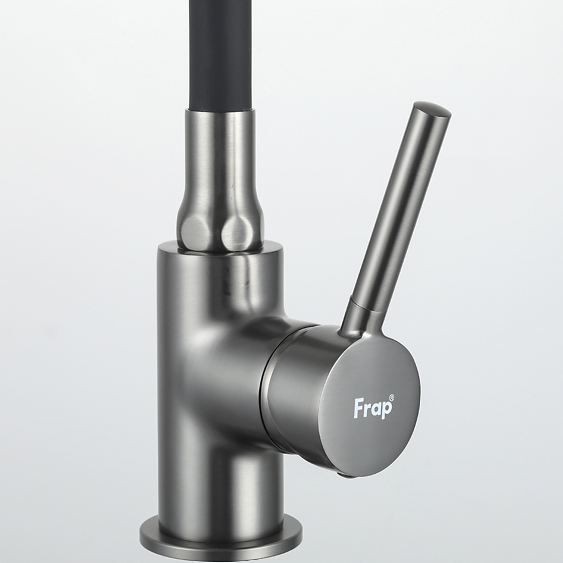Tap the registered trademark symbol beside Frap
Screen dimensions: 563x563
(391, 396)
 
